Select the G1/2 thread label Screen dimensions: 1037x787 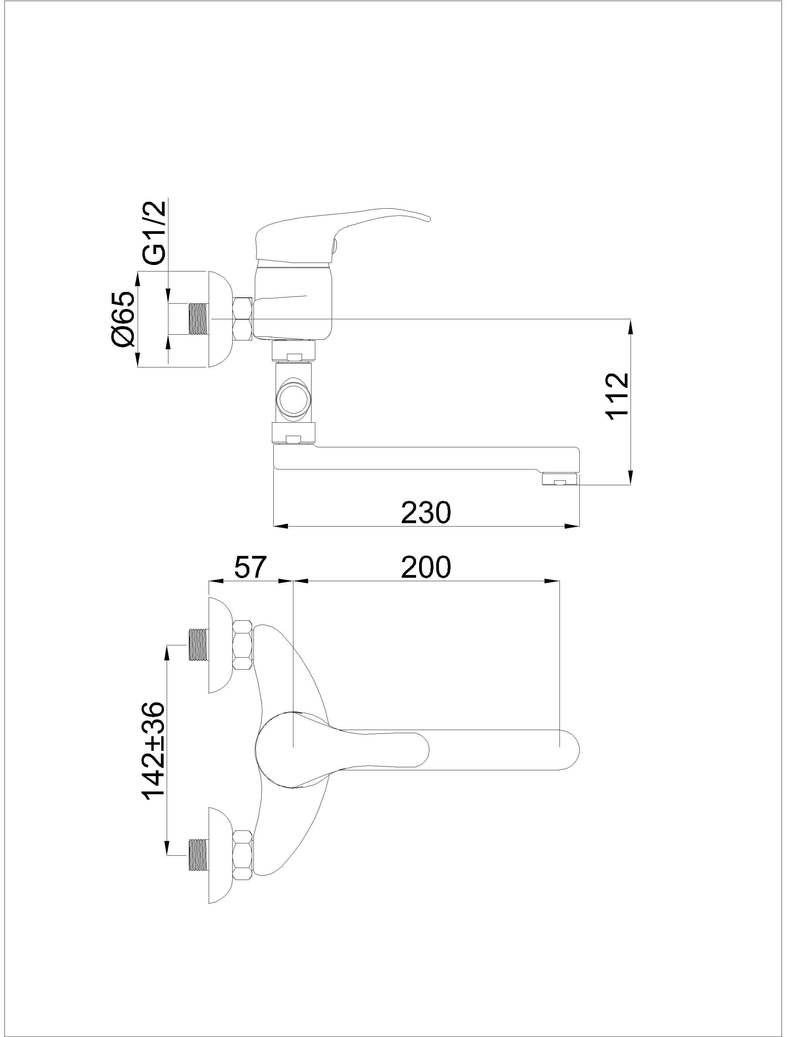(x=154, y=233)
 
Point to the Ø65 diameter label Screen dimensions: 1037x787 (x=123, y=319)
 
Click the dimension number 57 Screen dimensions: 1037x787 (x=250, y=567)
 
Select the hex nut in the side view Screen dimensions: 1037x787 (x=243, y=319)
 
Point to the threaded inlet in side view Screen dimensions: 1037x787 (x=197, y=319)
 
